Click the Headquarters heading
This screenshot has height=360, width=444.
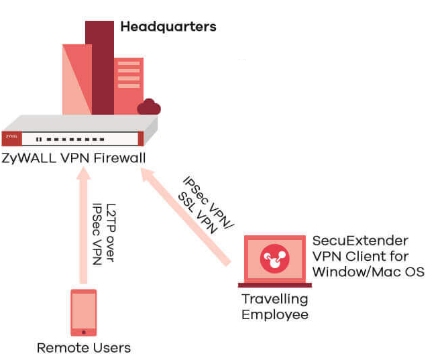point(168,27)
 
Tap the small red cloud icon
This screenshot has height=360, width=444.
point(148,107)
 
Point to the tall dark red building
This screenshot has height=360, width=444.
point(99,67)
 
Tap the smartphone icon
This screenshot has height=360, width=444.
point(84,312)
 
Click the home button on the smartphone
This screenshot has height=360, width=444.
point(84,331)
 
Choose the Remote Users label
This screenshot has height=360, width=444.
point(84,348)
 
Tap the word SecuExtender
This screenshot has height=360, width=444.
point(352,241)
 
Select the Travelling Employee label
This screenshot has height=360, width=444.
point(274,306)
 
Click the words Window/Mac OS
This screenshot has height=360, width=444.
point(368,272)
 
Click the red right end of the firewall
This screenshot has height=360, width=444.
point(140,139)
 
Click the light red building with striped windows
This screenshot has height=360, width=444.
point(128,84)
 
